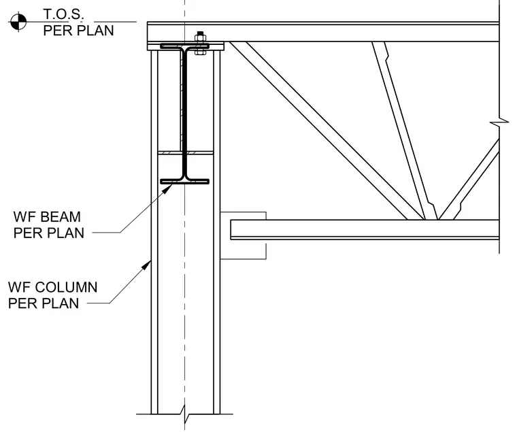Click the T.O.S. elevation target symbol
(18, 22)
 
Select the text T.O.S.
(63, 14)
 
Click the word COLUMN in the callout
(66, 287)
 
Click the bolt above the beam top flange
(200, 44)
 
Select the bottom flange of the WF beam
(184, 182)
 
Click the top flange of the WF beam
(184, 46)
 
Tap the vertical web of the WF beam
(184, 114)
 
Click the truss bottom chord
(365, 229)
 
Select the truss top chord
(323, 32)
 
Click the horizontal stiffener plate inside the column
(186, 152)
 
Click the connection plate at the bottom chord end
(243, 235)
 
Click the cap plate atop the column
(186, 46)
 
